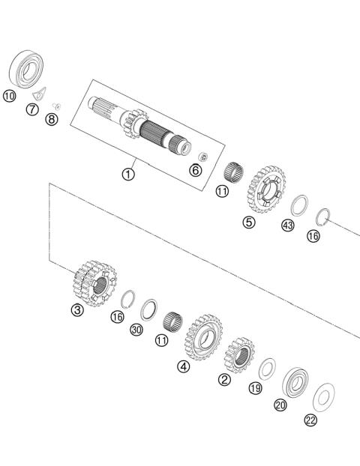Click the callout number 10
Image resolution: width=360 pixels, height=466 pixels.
(9, 96)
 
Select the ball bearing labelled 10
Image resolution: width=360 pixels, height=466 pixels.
(27, 69)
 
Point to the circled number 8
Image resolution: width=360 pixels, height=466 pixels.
(52, 119)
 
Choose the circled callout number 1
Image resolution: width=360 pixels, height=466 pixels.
(128, 175)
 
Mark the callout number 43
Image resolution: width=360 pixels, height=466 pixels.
(288, 226)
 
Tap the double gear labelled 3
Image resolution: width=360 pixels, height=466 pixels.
(94, 282)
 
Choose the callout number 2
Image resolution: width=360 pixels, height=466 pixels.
(223, 379)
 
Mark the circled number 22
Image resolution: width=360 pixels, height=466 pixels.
(310, 420)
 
